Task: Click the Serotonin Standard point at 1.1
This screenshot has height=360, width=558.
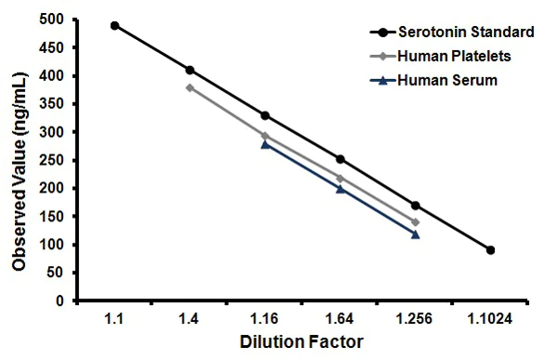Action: click(x=115, y=25)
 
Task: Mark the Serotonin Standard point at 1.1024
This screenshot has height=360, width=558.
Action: click(x=490, y=250)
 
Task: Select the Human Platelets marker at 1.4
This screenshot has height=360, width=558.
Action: click(x=191, y=87)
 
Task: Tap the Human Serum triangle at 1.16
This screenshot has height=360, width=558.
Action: click(x=265, y=144)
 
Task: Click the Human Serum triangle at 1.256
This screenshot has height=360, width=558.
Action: click(x=415, y=234)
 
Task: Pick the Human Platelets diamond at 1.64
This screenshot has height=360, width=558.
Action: click(x=340, y=179)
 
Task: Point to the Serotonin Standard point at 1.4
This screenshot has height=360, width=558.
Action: click(x=191, y=70)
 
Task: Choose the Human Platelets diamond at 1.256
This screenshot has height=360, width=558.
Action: click(x=415, y=222)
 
